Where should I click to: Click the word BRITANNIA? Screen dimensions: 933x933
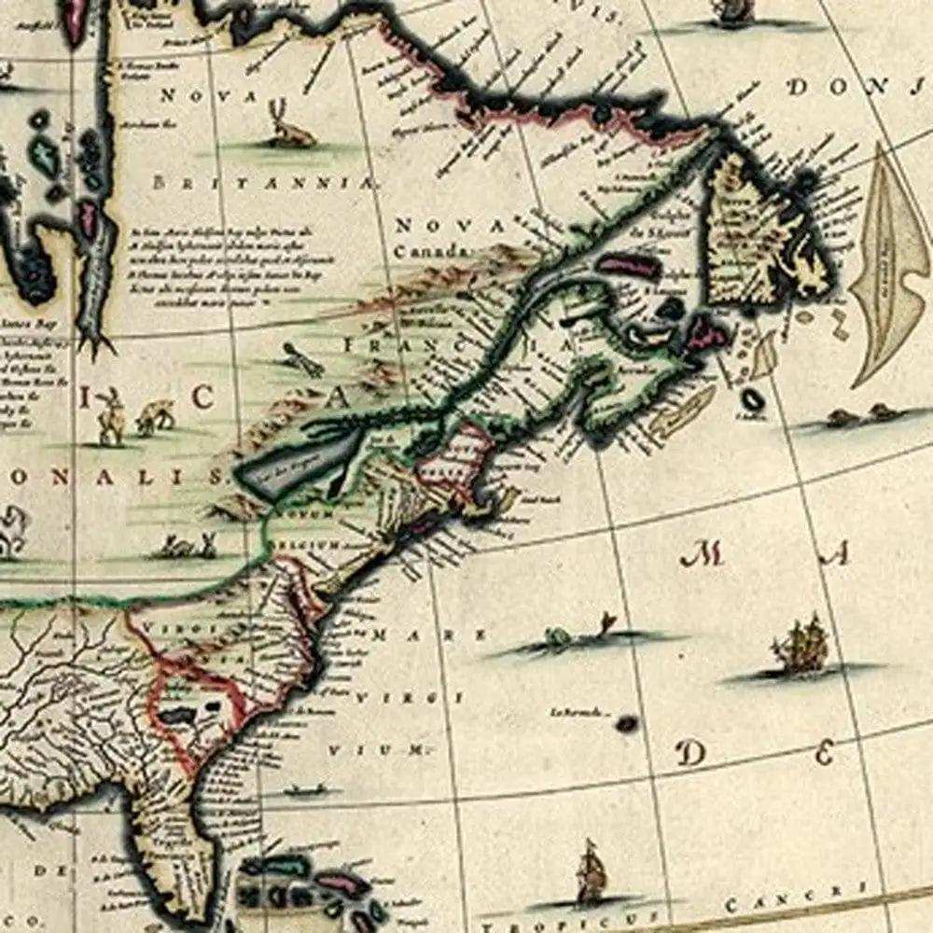point(263,184)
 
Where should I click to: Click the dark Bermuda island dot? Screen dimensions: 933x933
point(626,722)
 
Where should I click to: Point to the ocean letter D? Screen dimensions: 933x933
point(691,752)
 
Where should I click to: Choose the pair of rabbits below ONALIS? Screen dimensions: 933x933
point(187,545)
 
